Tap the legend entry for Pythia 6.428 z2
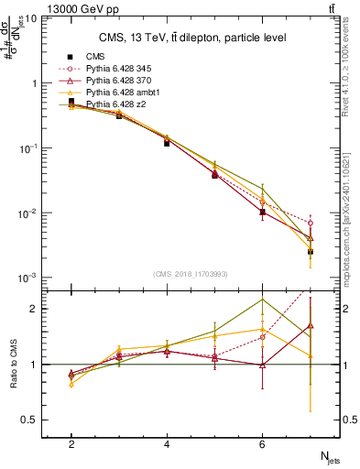pos(106,103)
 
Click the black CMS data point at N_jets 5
pos(214,175)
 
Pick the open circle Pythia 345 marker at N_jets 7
pos(310,223)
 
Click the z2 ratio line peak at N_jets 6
pos(262,300)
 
